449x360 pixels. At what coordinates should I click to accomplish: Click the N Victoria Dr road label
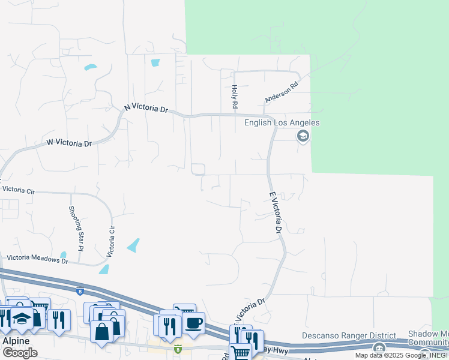tap(146, 108)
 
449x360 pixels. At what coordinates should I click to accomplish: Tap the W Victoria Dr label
tap(69, 143)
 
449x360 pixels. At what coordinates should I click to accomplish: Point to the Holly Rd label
tap(235, 96)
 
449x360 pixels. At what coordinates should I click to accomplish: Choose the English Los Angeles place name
tap(282, 123)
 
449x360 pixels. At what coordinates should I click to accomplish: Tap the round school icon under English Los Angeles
tap(303, 137)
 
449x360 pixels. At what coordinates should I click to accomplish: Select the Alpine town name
tap(16, 340)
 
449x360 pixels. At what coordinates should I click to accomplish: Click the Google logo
tap(20, 353)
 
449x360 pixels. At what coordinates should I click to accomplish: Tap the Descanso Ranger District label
tap(349, 335)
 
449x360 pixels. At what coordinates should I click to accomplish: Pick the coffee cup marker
tap(193, 323)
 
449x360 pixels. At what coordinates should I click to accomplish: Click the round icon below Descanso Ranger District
tap(379, 348)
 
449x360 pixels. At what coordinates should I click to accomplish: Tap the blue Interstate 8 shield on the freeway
tap(79, 292)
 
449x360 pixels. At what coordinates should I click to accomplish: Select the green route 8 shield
tap(178, 348)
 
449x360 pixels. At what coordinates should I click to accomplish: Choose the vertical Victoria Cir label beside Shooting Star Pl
tap(110, 242)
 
